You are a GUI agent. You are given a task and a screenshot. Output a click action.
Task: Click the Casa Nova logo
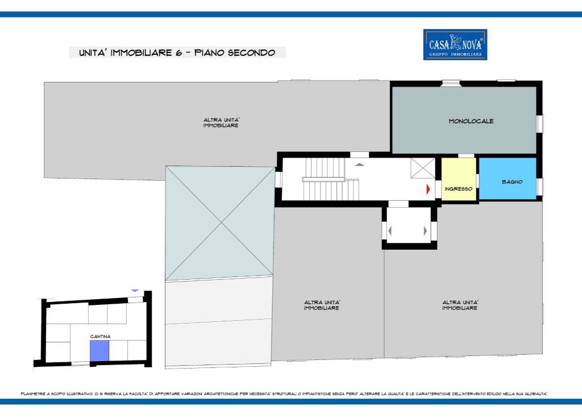pyautogui.click(x=455, y=44)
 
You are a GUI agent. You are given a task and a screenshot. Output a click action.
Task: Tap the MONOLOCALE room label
pyautogui.click(x=471, y=121)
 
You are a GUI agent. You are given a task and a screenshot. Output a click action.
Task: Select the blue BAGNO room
pyautogui.click(x=508, y=179)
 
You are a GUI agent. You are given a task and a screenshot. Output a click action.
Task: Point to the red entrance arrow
pyautogui.click(x=428, y=189)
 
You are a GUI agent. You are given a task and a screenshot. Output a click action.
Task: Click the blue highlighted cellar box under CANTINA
pyautogui.click(x=99, y=350)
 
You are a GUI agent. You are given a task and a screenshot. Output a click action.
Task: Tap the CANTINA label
pyautogui.click(x=100, y=336)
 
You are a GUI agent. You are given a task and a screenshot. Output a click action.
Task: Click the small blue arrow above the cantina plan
pyautogui.click(x=135, y=290)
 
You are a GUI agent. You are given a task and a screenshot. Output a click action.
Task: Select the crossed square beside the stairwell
pyautogui.click(x=422, y=168)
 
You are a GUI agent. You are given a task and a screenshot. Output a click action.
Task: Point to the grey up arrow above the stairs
pyautogui.click(x=359, y=164)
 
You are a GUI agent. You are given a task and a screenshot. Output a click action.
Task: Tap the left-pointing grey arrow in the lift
pyautogui.click(x=390, y=231)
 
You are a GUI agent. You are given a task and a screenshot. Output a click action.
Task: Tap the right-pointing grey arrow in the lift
pyautogui.click(x=425, y=231)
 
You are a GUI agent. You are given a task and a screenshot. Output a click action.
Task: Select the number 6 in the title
pyautogui.click(x=178, y=53)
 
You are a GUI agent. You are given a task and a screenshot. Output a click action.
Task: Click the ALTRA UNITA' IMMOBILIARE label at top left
pyautogui.click(x=221, y=123)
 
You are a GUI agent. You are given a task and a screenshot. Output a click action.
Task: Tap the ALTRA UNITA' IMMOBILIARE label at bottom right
pyautogui.click(x=460, y=305)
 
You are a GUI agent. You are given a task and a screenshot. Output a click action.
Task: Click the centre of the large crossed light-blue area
pyautogui.click(x=222, y=222)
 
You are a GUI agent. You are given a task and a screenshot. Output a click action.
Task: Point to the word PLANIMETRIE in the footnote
pyautogui.click(x=33, y=394)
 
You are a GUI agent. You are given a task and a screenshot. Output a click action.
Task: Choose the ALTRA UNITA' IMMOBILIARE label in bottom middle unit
pyautogui.click(x=322, y=305)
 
